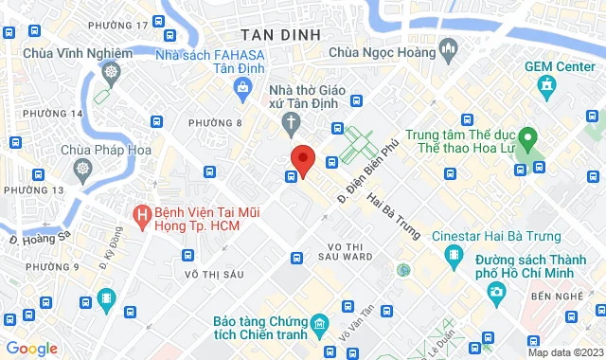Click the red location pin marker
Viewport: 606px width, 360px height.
[x=302, y=159]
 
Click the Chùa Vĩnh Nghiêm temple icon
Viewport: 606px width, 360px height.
[x=111, y=71]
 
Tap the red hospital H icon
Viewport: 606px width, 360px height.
[x=142, y=216]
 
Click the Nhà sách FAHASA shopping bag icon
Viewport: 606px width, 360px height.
[x=243, y=87]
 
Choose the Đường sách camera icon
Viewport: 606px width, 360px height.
[x=495, y=292]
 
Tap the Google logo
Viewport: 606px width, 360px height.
[x=31, y=349]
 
